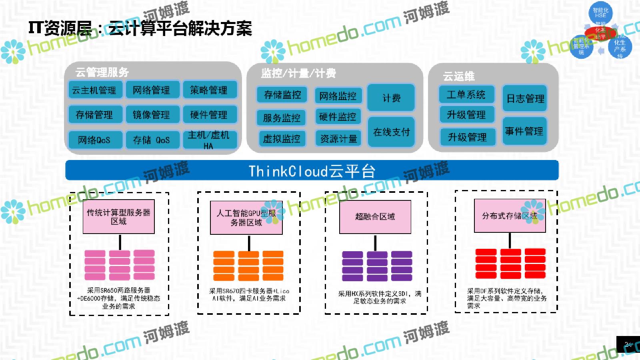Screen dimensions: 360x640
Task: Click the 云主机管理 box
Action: coord(94,90)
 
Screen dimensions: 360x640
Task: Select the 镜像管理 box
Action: coord(152,115)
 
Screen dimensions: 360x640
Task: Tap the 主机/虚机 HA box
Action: coord(209,140)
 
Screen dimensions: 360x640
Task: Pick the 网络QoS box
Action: coord(94,140)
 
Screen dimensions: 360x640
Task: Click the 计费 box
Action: coord(391,98)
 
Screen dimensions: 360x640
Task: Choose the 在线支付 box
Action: coord(391,132)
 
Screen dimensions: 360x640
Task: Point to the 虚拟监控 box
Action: coord(282,138)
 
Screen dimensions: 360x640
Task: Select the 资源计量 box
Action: coord(338,138)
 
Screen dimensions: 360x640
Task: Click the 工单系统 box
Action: coord(466,95)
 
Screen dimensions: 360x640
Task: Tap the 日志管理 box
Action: coord(525,98)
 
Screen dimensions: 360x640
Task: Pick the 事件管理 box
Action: coord(524,131)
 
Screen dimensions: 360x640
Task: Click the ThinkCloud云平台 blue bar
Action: coord(312,171)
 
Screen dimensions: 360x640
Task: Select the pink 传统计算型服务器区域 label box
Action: coord(118,216)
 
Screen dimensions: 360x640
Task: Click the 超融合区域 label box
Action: coord(375,216)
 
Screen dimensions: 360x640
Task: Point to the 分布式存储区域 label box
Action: coord(510,216)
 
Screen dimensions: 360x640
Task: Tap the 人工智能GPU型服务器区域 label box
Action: coord(246,218)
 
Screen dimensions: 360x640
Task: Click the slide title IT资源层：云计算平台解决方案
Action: coord(140,28)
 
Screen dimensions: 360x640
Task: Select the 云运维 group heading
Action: coord(458,76)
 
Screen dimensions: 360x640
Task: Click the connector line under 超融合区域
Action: coord(375,242)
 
